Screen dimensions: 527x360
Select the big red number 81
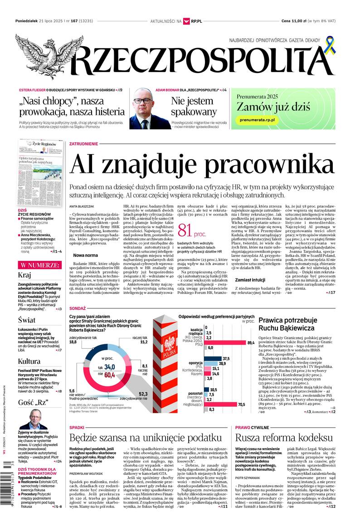click(186, 231)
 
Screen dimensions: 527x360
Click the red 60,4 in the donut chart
click(109, 375)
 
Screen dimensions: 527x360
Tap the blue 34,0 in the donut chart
click(109, 367)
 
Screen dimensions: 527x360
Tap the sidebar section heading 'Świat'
click(27, 319)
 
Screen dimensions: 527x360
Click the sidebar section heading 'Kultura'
click(29, 361)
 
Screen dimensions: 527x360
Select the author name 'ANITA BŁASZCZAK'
click(82, 206)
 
